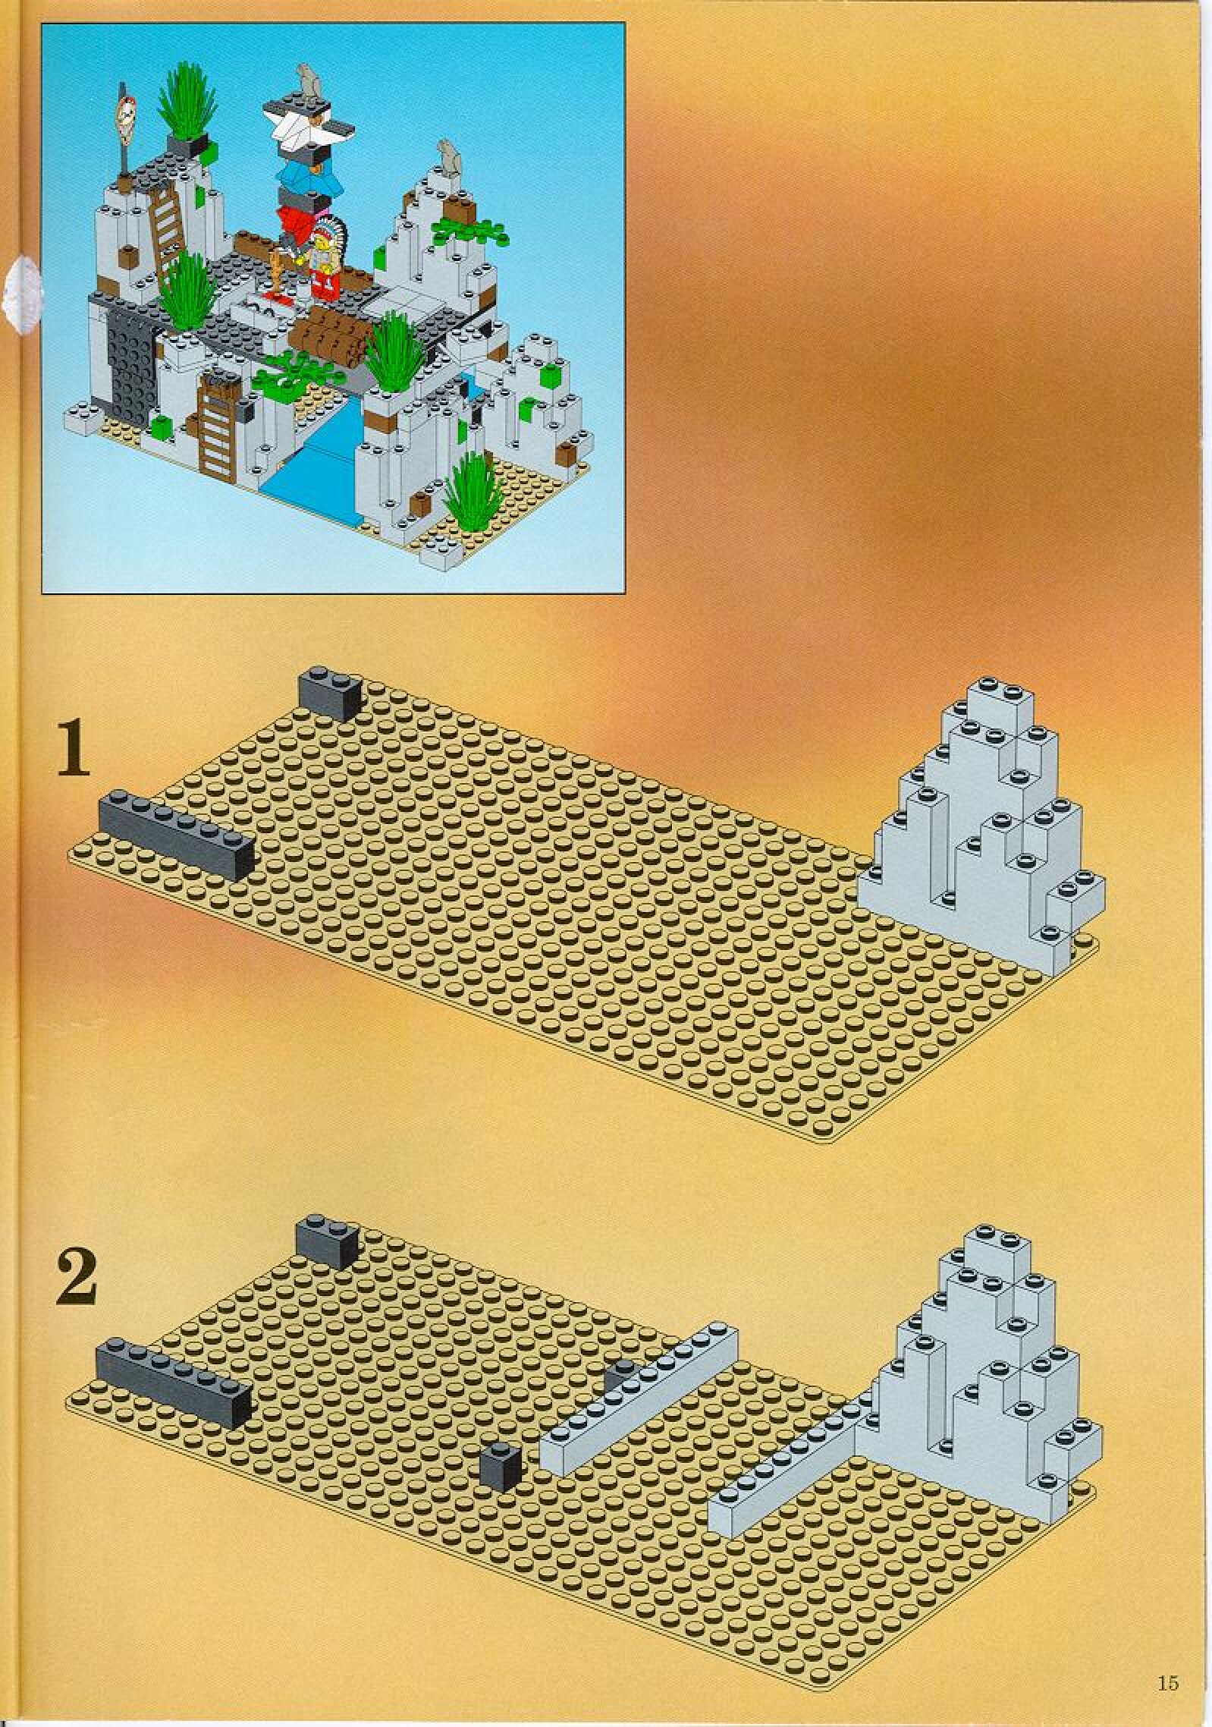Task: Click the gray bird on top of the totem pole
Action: [307, 76]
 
